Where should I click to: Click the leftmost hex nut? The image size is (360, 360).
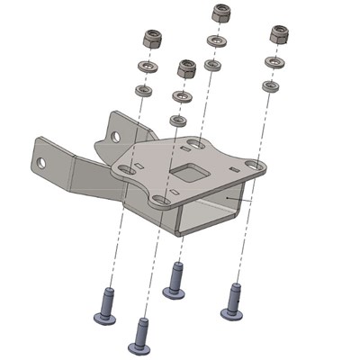pos(152,39)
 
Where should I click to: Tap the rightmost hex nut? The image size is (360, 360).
pos(278,34)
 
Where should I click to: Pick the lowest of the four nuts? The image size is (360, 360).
pos(186,68)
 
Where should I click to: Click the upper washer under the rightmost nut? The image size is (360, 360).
pos(274,61)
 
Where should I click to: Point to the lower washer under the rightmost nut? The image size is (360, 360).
pos(270,85)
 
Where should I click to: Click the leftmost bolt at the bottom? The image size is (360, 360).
pos(105,305)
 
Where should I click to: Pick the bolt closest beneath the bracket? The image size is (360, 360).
pos(175,279)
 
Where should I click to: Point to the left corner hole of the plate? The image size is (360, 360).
pos(126,169)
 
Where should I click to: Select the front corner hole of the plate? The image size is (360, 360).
pos(159,200)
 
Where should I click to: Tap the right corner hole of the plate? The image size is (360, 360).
pos(255,166)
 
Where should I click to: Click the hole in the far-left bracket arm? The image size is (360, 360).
pos(41,163)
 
